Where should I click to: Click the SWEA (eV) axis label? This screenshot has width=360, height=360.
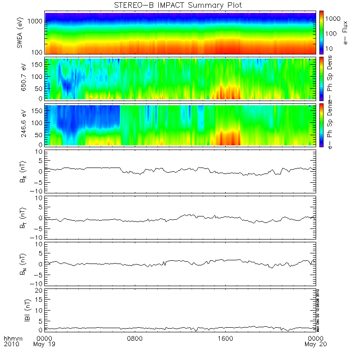click(19, 33)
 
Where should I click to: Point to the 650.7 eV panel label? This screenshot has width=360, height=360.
click(19, 79)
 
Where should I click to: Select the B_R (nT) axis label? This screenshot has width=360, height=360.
click(19, 171)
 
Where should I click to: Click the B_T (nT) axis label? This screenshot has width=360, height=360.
click(19, 217)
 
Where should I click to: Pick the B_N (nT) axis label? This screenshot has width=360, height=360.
click(19, 264)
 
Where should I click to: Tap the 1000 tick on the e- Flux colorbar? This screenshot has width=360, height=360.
click(334, 18)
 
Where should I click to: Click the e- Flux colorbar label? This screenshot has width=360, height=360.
click(345, 33)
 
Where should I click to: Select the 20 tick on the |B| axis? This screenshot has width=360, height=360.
click(40, 289)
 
